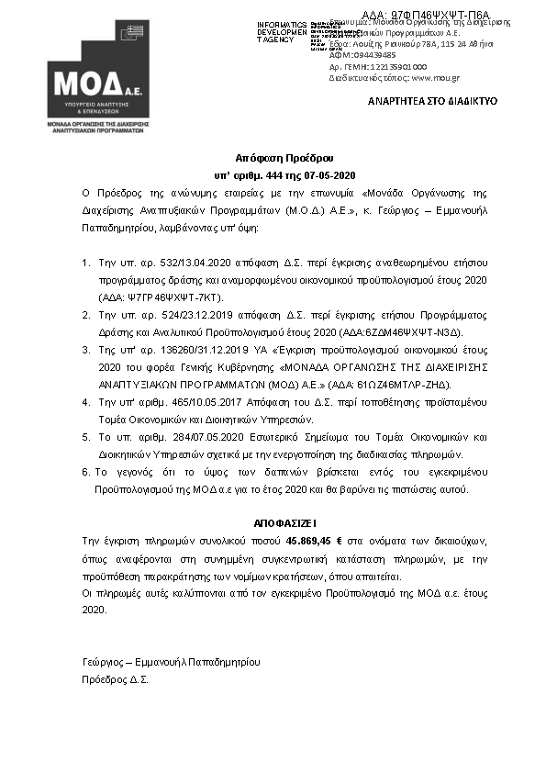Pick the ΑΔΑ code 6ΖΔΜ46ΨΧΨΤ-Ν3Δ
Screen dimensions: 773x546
coord(414,330)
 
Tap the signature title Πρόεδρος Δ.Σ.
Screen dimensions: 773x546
coord(115,679)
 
